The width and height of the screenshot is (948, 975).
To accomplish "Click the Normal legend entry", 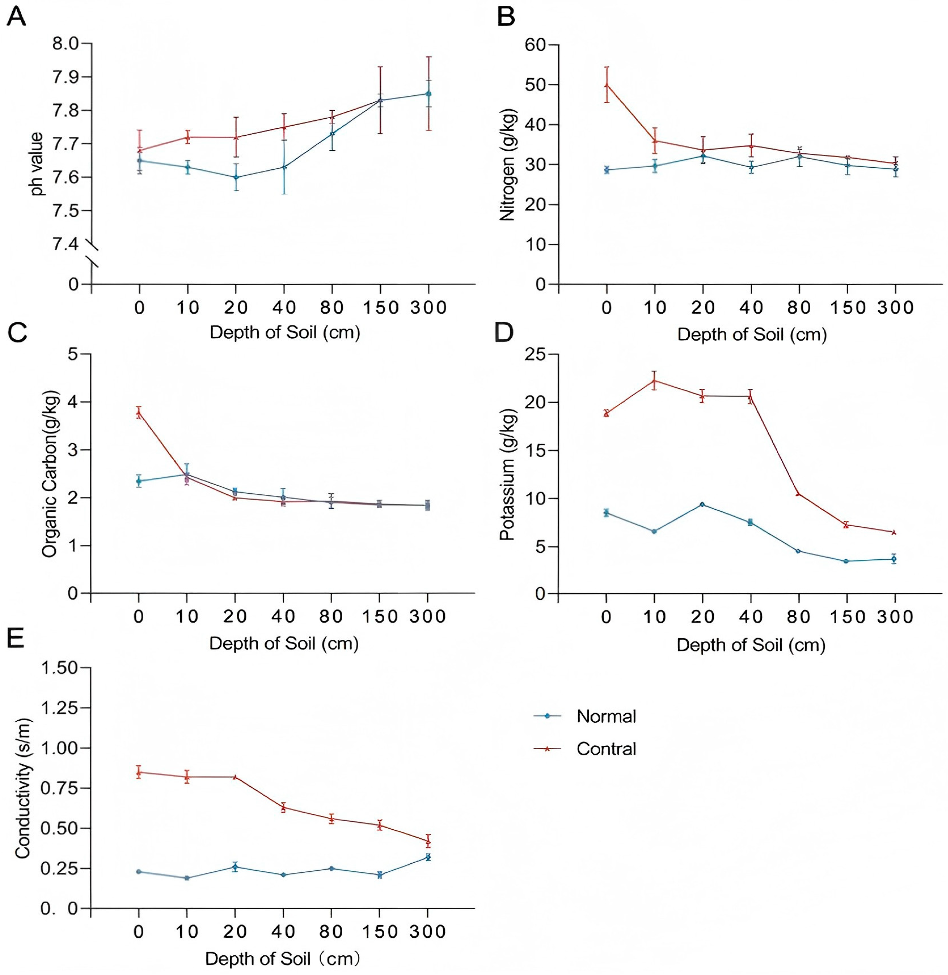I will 606,717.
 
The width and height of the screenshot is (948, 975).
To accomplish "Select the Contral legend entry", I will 606,748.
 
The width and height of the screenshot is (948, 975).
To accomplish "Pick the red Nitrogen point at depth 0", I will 606,85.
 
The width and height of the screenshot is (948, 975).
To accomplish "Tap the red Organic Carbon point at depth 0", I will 139,412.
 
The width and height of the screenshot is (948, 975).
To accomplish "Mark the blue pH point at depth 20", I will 236,177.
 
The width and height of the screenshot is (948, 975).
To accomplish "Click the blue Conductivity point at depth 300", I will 427,857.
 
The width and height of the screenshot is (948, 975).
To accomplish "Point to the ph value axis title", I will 39,164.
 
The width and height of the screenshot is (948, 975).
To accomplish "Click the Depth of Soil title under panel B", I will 751,335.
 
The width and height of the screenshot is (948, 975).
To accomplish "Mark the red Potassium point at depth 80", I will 799,493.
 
